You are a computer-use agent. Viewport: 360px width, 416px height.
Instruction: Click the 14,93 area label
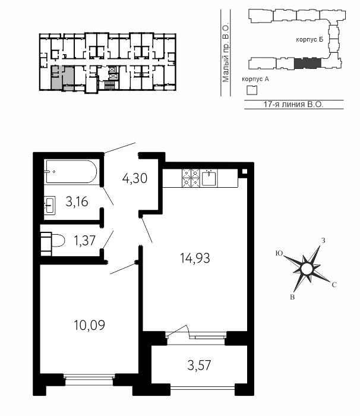(195, 258)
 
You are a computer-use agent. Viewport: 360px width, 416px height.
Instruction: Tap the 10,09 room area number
(90, 325)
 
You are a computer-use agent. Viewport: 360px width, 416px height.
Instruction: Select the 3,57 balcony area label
(199, 365)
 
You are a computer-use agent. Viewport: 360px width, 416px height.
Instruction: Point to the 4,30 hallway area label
(135, 178)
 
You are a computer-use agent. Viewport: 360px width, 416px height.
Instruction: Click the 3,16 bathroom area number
(77, 202)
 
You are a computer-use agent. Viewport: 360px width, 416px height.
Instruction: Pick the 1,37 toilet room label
(84, 241)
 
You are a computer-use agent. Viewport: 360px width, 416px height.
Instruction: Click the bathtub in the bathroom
(71, 172)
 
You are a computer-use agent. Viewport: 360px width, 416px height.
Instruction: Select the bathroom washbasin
(50, 205)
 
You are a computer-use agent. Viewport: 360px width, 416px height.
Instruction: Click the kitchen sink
(209, 178)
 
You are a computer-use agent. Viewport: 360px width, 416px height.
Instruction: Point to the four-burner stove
(191, 178)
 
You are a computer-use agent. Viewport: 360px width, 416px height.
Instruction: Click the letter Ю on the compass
(279, 253)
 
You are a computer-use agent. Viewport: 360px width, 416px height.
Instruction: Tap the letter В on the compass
(292, 297)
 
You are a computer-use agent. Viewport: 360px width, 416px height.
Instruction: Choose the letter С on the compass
(334, 285)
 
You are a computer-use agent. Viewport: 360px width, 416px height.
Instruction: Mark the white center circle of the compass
(307, 269)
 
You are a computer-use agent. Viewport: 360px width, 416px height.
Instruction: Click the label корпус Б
(310, 40)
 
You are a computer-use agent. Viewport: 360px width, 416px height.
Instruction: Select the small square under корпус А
(252, 90)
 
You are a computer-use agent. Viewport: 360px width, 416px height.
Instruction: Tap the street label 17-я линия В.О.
(293, 105)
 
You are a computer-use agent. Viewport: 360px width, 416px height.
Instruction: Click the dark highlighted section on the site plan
(308, 63)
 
